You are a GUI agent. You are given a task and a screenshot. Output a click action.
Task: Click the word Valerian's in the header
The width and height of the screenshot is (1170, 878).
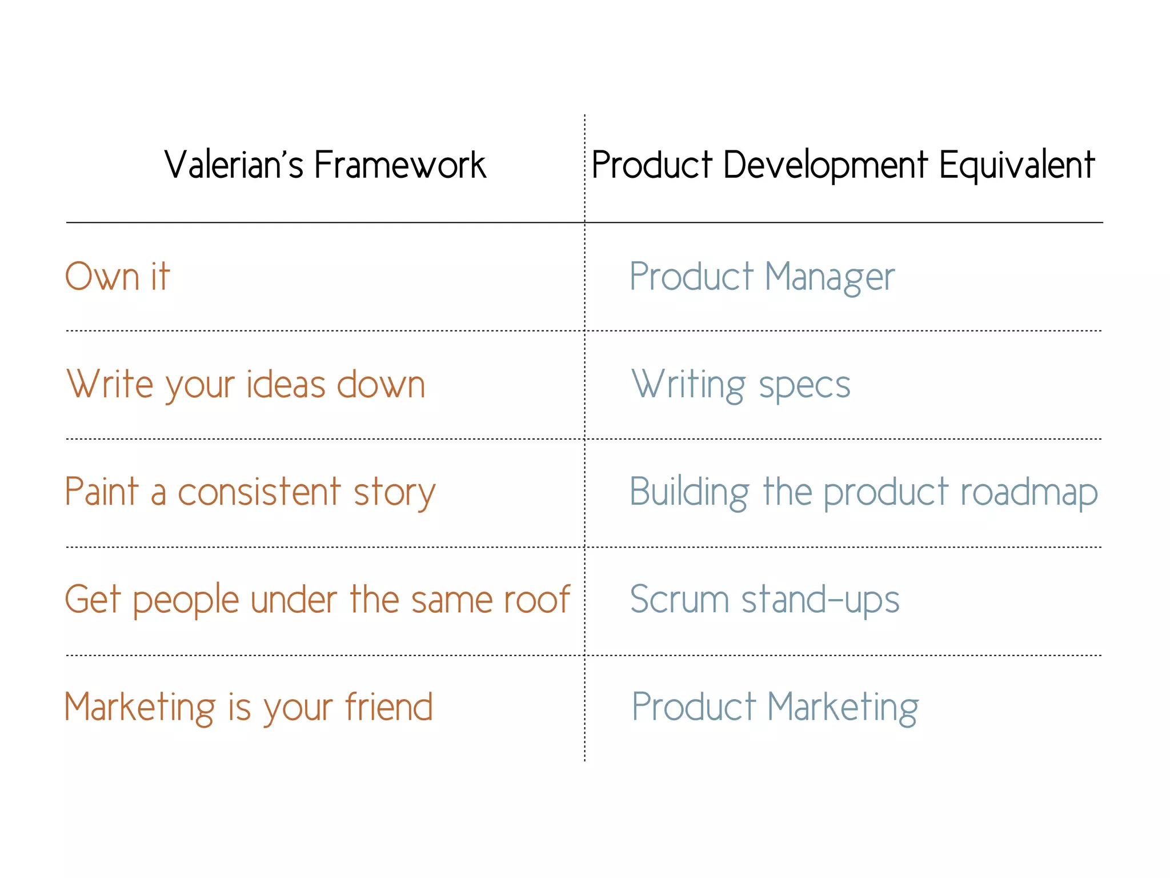(234, 165)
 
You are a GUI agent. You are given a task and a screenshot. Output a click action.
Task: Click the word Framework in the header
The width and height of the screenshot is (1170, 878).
(400, 165)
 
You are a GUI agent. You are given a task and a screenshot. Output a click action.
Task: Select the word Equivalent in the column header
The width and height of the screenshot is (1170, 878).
(1016, 165)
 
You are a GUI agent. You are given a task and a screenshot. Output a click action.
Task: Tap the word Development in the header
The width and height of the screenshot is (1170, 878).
(825, 165)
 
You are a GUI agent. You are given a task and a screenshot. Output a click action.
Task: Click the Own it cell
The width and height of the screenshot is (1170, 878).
(118, 277)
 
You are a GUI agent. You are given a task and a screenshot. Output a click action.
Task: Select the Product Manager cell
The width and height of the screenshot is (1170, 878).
(762, 277)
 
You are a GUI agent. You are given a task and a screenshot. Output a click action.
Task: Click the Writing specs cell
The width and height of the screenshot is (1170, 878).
(740, 385)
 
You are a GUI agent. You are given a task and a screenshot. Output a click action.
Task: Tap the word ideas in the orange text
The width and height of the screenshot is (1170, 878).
(285, 384)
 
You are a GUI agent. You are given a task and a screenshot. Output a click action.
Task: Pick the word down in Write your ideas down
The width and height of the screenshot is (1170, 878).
(381, 384)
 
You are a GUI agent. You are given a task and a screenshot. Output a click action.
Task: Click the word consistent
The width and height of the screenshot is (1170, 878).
(259, 492)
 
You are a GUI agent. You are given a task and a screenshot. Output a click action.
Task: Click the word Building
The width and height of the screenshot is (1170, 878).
(689, 492)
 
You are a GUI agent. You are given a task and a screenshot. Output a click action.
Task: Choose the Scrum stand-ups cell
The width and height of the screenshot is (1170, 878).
(764, 600)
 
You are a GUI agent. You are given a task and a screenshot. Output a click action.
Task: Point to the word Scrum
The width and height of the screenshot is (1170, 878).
(679, 600)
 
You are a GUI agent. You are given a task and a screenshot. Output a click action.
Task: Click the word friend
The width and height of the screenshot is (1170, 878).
(388, 707)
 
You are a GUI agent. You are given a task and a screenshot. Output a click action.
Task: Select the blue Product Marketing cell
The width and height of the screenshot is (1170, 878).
(775, 708)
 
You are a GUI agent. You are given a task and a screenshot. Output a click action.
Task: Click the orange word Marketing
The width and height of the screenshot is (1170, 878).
(140, 708)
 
